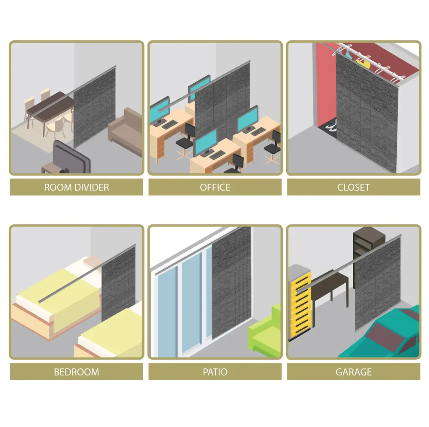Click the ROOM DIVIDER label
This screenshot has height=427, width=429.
76,187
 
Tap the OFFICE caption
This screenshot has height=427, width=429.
215,187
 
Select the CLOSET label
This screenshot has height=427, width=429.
354,187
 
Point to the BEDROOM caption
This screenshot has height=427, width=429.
76,372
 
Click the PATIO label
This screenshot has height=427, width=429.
215,372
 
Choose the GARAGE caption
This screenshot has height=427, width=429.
354,372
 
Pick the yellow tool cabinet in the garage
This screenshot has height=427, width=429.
300,302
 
